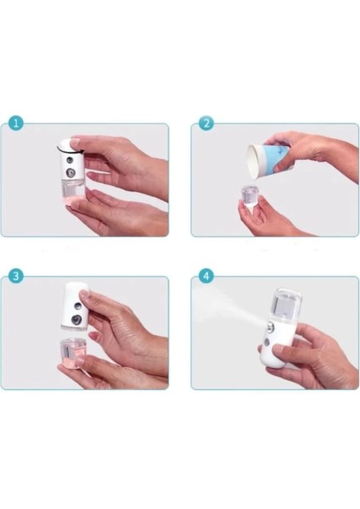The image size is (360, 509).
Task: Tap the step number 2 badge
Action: click(x=206, y=123)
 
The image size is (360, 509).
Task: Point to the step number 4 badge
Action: click(x=206, y=276)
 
